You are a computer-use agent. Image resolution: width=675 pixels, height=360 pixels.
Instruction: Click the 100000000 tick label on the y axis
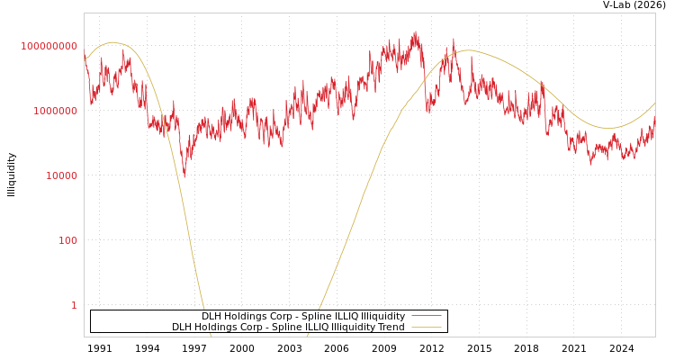49,46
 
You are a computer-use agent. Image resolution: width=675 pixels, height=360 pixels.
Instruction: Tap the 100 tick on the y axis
68,240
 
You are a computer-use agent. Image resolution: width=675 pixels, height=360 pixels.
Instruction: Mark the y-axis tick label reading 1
74,305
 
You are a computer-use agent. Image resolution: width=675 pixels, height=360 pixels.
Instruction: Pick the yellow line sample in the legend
427,328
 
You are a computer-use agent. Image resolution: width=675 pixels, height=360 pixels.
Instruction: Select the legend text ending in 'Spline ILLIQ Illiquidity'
303,317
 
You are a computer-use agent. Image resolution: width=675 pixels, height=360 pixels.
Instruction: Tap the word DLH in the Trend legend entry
182,328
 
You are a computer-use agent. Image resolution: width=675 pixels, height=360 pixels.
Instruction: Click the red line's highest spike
415,32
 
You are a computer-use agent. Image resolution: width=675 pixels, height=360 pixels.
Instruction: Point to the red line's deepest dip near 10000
184,175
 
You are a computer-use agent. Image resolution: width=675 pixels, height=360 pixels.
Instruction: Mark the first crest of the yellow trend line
112,42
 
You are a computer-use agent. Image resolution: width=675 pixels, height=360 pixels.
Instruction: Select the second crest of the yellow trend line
468,50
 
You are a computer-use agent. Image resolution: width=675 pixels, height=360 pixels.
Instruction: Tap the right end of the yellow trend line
654,103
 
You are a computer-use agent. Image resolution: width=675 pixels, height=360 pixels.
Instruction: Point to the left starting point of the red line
85,56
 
